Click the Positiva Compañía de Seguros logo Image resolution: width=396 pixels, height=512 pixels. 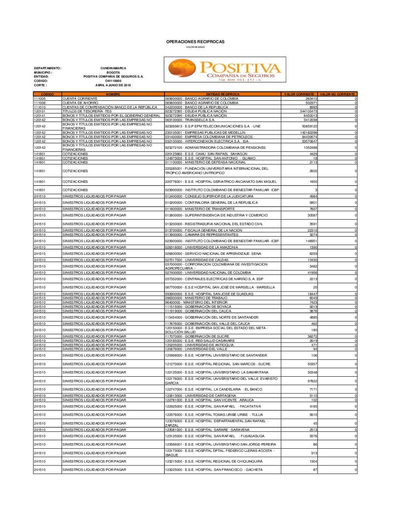click(225, 70)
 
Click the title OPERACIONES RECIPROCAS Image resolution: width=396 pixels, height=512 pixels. click(195, 42)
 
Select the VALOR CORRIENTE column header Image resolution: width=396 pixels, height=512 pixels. click(299, 94)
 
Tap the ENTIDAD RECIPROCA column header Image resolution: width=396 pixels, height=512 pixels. click(223, 94)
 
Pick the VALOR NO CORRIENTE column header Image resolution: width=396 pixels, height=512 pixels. click(337, 94)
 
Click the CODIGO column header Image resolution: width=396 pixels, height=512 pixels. click(48, 94)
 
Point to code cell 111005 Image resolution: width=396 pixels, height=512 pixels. click(40, 99)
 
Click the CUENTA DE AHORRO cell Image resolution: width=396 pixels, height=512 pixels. click(80, 103)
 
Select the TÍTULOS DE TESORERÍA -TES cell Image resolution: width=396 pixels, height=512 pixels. click(87, 111)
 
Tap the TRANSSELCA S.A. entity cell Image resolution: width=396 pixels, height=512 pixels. click(190, 120)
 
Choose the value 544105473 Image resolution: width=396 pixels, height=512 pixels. click(308, 111)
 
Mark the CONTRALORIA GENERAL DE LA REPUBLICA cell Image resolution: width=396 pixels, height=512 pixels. click(211, 203)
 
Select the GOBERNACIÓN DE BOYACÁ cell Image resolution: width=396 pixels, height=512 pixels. click(198, 307)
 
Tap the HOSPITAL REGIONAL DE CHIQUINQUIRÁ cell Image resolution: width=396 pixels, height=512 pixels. click(214, 461)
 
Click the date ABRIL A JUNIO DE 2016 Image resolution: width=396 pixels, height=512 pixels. click(113, 85)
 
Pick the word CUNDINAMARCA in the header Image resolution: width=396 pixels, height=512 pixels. click(113, 68)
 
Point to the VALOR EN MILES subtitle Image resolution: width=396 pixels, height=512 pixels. click(195, 47)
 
